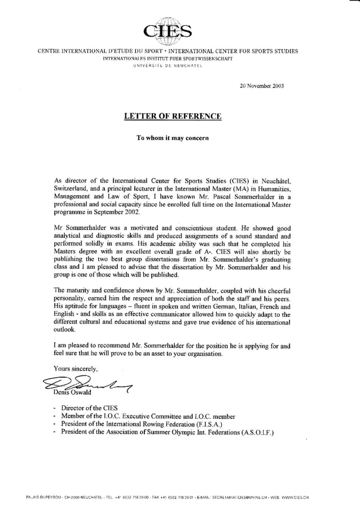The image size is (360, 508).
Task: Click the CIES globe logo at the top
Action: click(x=166, y=29)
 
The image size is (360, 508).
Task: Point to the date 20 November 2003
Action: click(x=262, y=86)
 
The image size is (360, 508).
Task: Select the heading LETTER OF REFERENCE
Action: click(x=173, y=117)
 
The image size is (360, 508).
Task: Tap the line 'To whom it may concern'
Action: click(x=173, y=138)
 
